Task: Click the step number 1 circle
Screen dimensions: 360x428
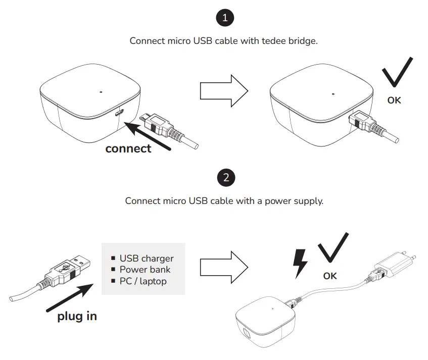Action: [x=225, y=18]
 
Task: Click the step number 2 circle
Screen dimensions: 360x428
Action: [x=225, y=178]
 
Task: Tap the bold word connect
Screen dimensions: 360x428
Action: [x=128, y=148]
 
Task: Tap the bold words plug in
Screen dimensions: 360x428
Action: [x=77, y=316]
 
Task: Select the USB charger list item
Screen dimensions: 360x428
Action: [x=146, y=259]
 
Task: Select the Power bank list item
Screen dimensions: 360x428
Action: [x=145, y=270]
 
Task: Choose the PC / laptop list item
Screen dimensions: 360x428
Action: [x=142, y=281]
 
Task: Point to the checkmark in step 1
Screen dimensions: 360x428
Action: [x=397, y=73]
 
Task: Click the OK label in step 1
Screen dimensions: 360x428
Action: [x=394, y=100]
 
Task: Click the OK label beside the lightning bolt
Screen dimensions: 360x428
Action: [x=329, y=276]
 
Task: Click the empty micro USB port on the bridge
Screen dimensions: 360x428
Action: [x=118, y=113]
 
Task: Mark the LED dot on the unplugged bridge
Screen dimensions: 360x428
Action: [x=101, y=92]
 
